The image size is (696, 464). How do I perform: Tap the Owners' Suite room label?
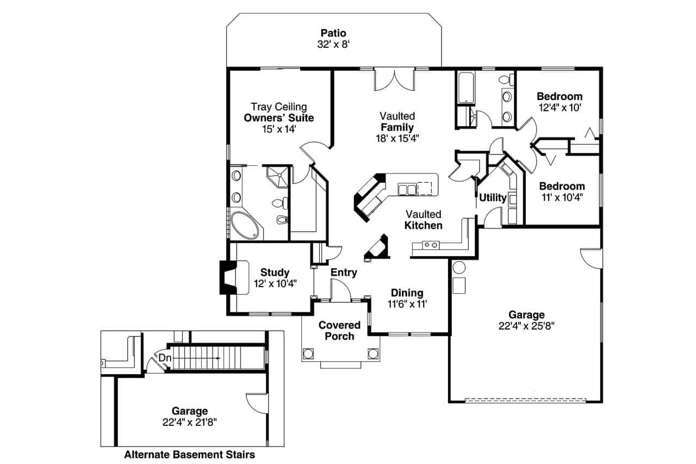pyautogui.click(x=278, y=117)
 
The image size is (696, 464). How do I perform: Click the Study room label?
pyautogui.click(x=275, y=273)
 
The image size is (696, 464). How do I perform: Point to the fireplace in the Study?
pyautogui.click(x=226, y=277)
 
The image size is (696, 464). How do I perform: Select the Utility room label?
pyautogui.click(x=493, y=197)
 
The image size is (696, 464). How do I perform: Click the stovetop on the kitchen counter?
pyautogui.click(x=431, y=245)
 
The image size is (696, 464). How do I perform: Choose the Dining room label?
pyautogui.click(x=407, y=293)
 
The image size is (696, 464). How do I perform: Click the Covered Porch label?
pyautogui.click(x=339, y=331)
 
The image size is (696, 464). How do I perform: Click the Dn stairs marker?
pyautogui.click(x=164, y=358)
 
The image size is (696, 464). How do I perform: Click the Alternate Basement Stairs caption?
pyautogui.click(x=189, y=454)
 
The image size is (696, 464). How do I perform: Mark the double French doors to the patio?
pyautogui.click(x=394, y=80)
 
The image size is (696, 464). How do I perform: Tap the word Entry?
pyautogui.click(x=344, y=273)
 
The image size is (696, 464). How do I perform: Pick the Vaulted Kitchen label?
pyautogui.click(x=423, y=220)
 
